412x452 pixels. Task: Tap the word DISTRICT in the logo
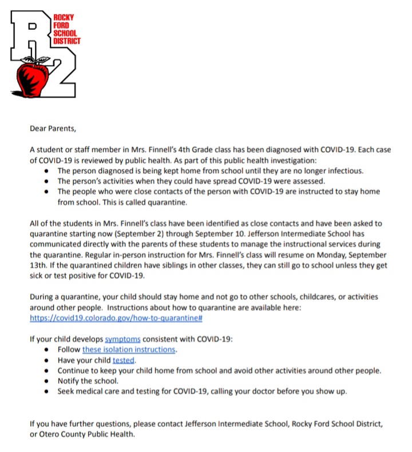[x=66, y=41]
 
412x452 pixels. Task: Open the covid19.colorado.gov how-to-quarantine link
[x=117, y=318]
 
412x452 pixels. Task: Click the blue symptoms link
[x=122, y=339]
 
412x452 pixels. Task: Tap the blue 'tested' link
[x=124, y=360]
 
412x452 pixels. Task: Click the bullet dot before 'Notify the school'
[x=46, y=381]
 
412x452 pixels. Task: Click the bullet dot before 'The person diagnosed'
[x=46, y=171]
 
